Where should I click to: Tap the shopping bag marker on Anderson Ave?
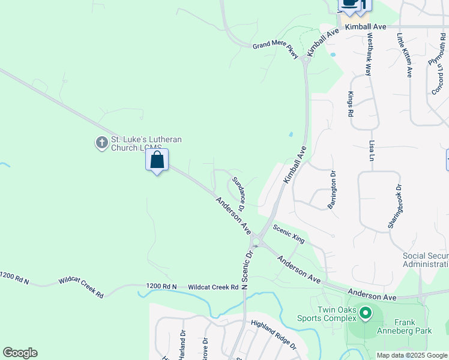[x=157, y=160]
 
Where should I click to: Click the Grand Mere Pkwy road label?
[x=275, y=49]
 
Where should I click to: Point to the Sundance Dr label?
[x=238, y=195]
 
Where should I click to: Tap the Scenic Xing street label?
[x=289, y=234]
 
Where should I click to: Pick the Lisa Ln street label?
[x=372, y=151]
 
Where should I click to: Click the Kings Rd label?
[x=350, y=104]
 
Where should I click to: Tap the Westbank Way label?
[x=370, y=53]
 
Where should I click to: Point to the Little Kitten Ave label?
[x=404, y=55]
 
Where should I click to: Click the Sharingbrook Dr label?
[x=393, y=207]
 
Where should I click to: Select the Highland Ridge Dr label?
[x=274, y=334]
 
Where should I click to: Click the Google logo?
[x=20, y=353]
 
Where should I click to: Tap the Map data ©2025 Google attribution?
[x=412, y=355]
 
